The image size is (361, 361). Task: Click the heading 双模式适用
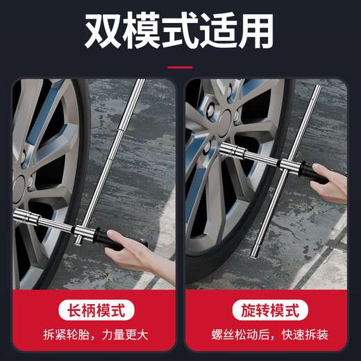pyautogui.click(x=179, y=30)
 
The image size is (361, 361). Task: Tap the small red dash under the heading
pyautogui.click(x=180, y=67)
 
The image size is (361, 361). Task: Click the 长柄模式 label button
pyautogui.click(x=94, y=310)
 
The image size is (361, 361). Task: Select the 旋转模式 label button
pyautogui.click(x=267, y=310)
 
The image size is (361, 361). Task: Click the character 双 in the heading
pyautogui.click(x=103, y=30)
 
